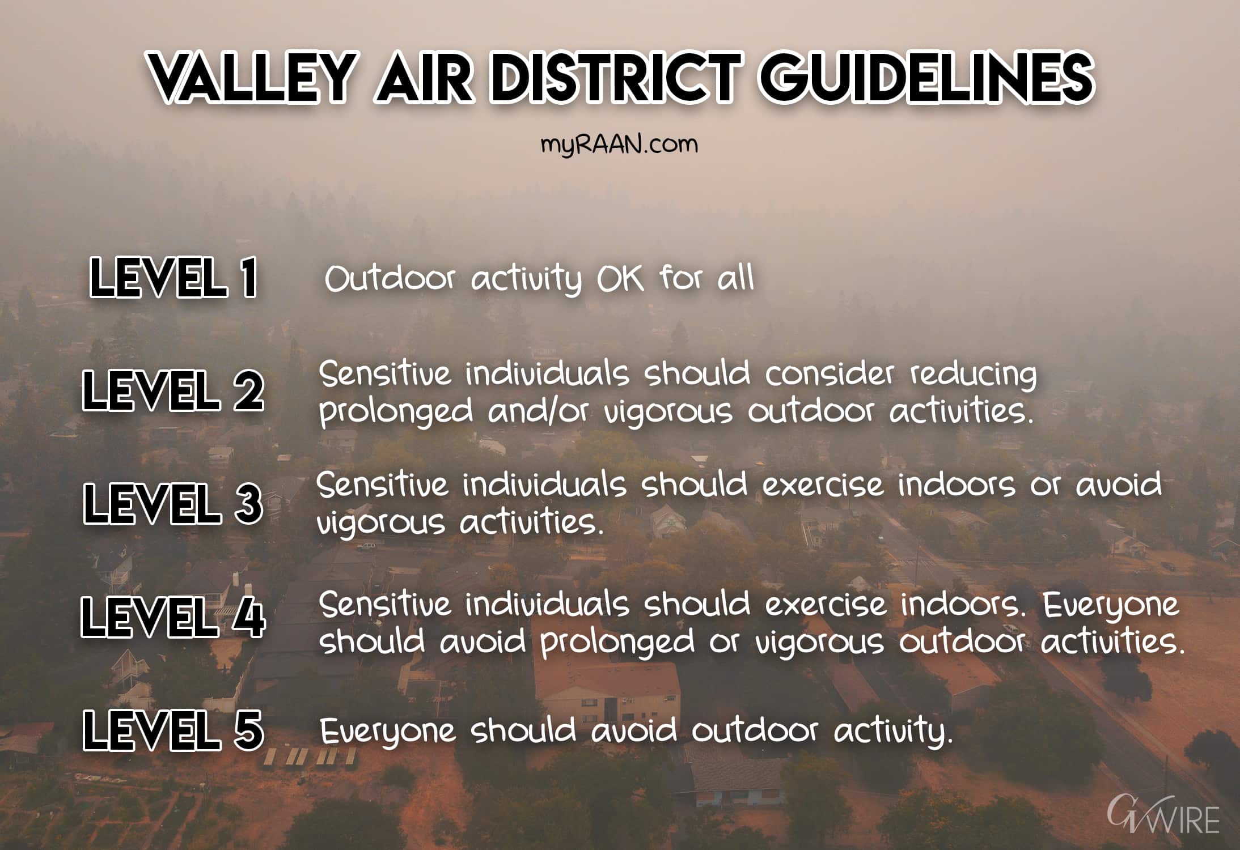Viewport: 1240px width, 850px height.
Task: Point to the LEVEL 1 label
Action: coord(173,278)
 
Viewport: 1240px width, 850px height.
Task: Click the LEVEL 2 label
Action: coord(173,390)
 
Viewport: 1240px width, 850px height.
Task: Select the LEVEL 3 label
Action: coord(173,503)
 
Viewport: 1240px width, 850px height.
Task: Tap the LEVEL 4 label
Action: coord(173,617)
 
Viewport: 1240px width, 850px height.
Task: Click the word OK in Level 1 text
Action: coord(620,279)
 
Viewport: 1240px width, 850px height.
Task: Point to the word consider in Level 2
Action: coord(829,374)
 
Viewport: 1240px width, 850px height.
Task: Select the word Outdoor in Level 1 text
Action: coord(390,279)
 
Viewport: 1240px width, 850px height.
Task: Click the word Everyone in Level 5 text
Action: coord(388,731)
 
